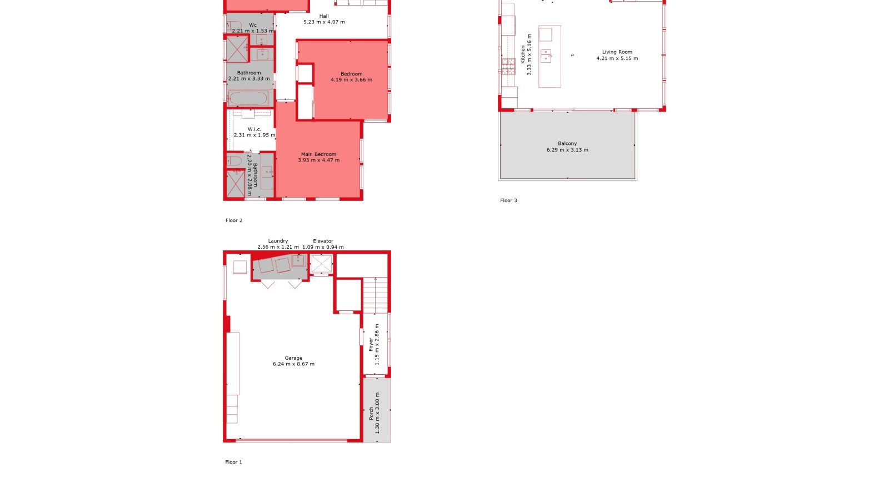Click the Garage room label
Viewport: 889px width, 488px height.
pos(293,358)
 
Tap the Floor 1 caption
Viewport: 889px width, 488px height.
pos(233,462)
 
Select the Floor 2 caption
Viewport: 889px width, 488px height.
pos(234,220)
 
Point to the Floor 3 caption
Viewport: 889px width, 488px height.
pos(508,200)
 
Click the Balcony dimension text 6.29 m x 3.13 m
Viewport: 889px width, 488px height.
pos(567,150)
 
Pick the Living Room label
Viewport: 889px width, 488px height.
pos(617,52)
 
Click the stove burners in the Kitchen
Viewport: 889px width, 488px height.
pos(508,67)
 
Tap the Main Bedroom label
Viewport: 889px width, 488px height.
pos(319,154)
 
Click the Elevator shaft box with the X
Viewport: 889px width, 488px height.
pos(321,264)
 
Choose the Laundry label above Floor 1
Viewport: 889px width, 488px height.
pos(278,241)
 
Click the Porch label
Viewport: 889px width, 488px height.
pos(371,414)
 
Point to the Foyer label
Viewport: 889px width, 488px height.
pos(371,345)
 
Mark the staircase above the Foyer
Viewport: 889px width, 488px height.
pos(375,295)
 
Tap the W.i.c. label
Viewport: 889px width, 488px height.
pos(254,129)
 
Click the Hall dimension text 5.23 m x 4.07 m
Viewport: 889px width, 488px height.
pos(324,22)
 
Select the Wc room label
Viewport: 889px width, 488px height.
pos(253,25)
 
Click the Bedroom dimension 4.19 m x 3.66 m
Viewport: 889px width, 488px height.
pos(352,80)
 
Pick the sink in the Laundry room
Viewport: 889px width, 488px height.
pos(298,260)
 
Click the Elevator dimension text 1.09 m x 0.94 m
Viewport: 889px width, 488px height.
pos(323,247)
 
